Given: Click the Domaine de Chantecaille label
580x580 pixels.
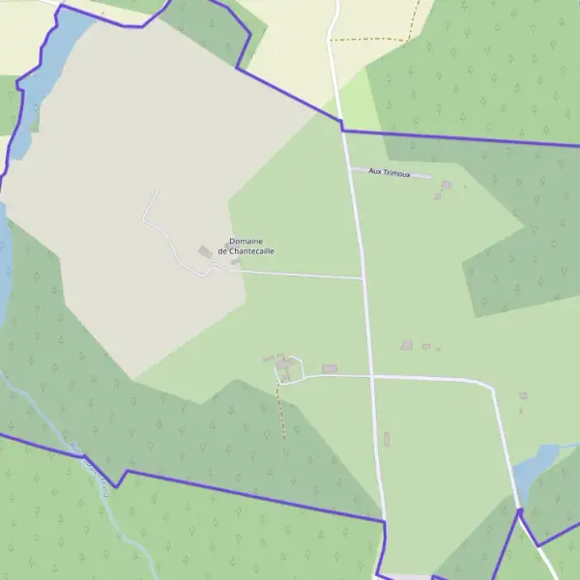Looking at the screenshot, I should tap(246, 246).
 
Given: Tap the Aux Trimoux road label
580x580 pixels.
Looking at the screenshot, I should tap(390, 173).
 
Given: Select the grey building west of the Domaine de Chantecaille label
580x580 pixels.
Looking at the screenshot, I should tap(205, 252).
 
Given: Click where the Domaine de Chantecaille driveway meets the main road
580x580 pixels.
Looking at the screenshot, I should tap(362, 278).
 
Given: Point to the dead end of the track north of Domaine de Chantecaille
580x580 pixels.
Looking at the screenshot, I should tap(157, 189).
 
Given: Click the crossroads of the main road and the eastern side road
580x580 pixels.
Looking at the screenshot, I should tap(370, 375).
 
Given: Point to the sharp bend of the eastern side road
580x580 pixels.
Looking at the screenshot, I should tap(493, 388).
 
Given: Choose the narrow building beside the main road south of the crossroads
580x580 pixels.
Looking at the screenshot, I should tap(386, 440).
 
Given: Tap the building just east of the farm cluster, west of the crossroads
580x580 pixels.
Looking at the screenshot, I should tap(330, 368).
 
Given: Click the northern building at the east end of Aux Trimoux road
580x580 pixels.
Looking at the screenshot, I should tap(446, 185).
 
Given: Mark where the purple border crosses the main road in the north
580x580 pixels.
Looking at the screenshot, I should tap(341, 129).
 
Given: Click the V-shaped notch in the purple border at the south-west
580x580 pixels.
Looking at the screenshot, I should tap(117, 485).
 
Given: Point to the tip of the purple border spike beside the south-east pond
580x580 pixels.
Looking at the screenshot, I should tap(519, 509).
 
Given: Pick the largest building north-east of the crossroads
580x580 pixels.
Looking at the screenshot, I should tap(407, 345).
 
